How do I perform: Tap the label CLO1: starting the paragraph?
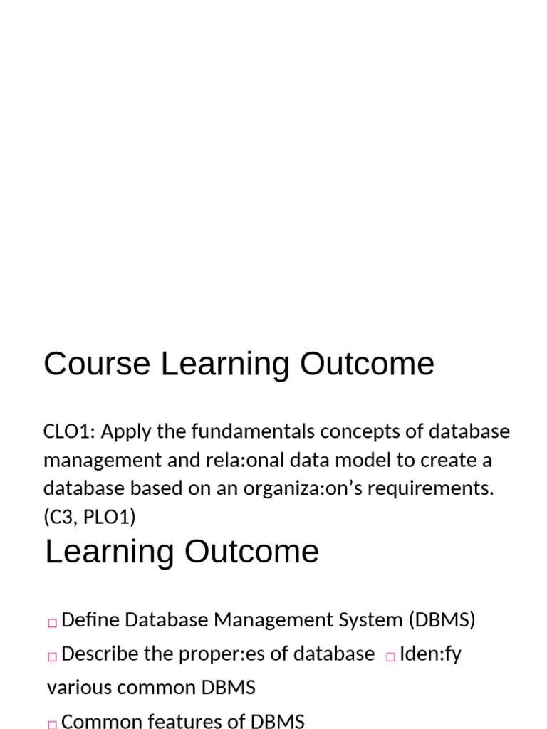point(69,432)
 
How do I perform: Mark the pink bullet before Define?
point(52,623)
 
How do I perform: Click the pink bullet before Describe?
point(52,657)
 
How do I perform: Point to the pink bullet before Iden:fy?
point(390,657)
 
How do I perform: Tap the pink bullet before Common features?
point(52,724)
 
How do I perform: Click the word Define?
point(90,620)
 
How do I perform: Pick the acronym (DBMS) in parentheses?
point(442,620)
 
